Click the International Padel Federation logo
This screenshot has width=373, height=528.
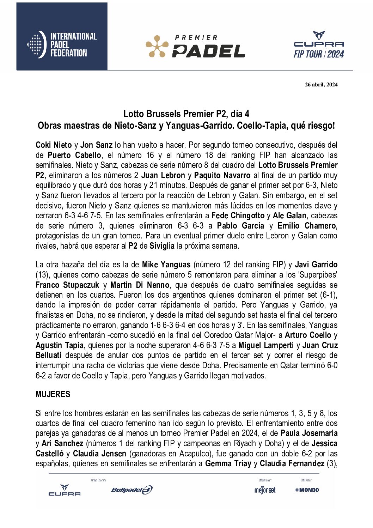(x=62, y=45)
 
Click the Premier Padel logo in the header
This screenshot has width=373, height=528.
(x=196, y=46)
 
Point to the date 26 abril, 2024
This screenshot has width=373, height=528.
(x=321, y=84)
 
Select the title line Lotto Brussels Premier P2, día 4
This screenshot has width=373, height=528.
(x=186, y=114)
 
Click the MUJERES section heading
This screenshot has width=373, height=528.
(x=53, y=394)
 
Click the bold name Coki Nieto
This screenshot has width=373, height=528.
(x=54, y=145)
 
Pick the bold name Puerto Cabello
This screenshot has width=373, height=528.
(x=74, y=155)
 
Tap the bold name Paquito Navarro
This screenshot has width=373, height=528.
(x=222, y=175)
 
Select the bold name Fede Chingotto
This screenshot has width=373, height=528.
(x=238, y=216)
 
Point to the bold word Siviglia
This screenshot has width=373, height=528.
(x=162, y=246)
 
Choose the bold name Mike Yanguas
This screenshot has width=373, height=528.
(x=166, y=265)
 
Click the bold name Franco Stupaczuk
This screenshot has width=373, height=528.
(x=67, y=285)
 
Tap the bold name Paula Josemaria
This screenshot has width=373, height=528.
(x=309, y=433)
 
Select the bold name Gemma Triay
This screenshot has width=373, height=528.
(x=228, y=463)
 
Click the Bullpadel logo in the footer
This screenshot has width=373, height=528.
(x=132, y=490)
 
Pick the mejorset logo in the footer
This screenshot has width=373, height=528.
(x=265, y=490)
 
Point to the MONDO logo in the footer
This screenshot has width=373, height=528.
(x=307, y=490)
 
